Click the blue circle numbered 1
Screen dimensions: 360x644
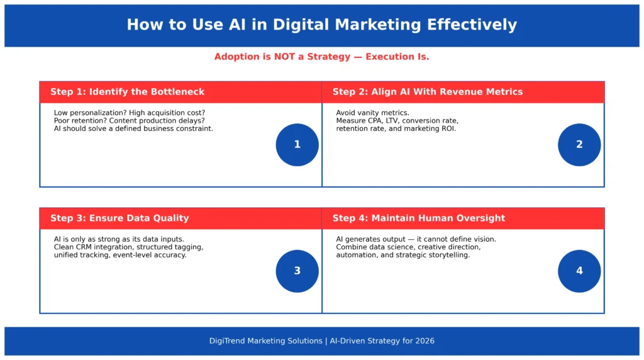pyautogui.click(x=297, y=145)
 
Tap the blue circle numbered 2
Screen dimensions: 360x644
pyautogui.click(x=579, y=145)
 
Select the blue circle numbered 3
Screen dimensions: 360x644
pyautogui.click(x=297, y=271)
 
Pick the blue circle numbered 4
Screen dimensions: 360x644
pyautogui.click(x=579, y=271)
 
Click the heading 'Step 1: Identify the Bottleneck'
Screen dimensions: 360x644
pyautogui.click(x=127, y=92)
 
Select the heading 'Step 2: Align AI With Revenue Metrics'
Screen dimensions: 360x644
pyautogui.click(x=427, y=92)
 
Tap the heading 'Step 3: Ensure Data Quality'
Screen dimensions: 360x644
pyautogui.click(x=119, y=218)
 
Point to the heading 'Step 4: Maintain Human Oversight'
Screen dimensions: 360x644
pyautogui.click(x=418, y=218)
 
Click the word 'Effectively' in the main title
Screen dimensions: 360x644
pyautogui.click(x=472, y=25)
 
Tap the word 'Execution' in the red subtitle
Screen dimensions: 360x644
pyautogui.click(x=391, y=57)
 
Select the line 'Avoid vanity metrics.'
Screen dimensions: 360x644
pyautogui.click(x=372, y=113)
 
